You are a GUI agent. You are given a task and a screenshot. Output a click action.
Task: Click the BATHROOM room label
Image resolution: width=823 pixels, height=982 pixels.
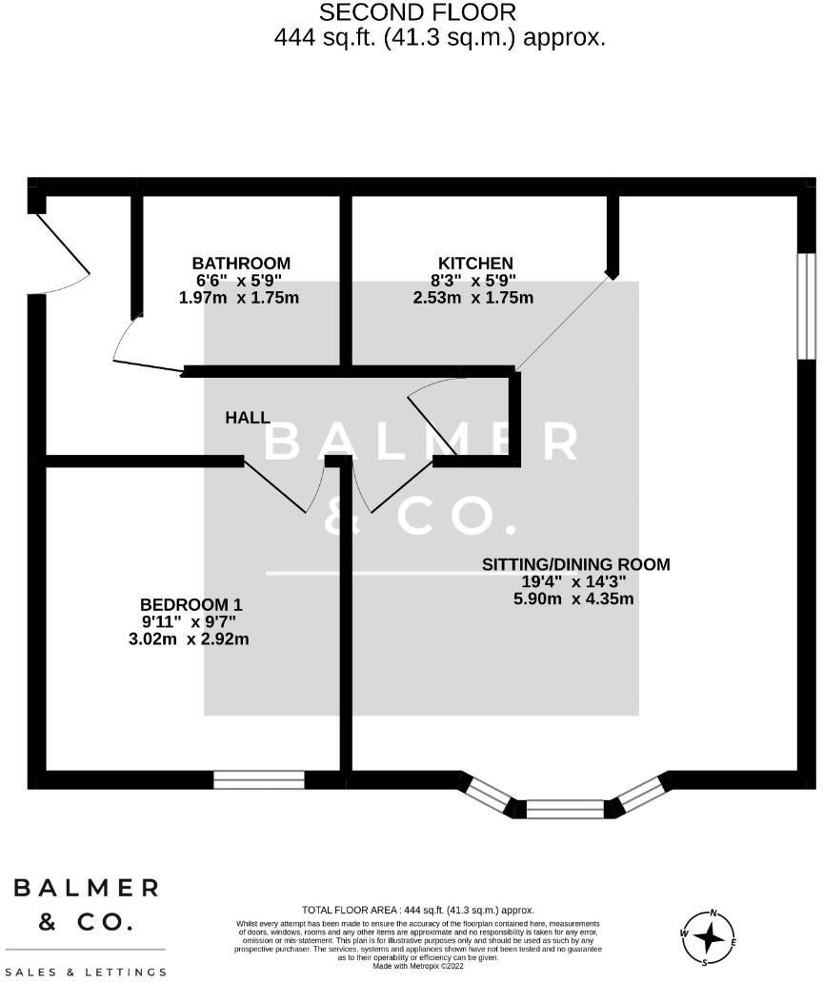click(x=241, y=264)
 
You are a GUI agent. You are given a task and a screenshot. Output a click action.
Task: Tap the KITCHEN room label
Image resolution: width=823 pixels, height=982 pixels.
click(x=475, y=264)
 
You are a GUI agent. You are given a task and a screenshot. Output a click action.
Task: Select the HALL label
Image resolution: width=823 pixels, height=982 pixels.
click(x=248, y=418)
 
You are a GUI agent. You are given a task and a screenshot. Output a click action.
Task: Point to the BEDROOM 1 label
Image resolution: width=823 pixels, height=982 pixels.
click(x=191, y=605)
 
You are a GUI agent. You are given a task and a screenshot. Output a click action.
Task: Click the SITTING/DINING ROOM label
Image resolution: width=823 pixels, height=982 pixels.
click(x=575, y=564)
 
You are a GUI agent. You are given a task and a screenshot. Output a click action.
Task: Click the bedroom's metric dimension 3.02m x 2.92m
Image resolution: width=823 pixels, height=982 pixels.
click(x=189, y=639)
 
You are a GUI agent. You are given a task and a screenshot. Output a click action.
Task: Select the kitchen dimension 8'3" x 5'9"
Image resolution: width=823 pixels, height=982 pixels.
click(x=473, y=281)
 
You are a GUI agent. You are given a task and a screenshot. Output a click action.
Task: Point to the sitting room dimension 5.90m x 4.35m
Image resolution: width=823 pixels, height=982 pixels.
click(x=573, y=599)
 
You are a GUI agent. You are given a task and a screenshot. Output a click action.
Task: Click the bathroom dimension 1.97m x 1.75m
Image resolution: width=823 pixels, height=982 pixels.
click(x=239, y=298)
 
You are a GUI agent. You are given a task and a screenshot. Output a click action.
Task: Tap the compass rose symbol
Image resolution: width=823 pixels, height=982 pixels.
click(x=709, y=936)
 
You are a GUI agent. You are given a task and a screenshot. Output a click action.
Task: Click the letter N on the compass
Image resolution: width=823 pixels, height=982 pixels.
click(x=713, y=913)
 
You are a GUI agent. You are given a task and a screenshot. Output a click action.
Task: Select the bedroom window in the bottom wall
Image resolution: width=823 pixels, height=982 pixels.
click(x=258, y=780)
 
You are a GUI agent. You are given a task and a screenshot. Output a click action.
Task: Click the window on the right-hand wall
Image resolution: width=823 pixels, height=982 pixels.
click(x=806, y=305)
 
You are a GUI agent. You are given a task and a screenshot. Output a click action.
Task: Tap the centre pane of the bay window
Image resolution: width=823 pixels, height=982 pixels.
click(x=565, y=810)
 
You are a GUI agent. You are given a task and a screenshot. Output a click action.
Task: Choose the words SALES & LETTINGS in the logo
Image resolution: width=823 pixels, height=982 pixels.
click(x=86, y=972)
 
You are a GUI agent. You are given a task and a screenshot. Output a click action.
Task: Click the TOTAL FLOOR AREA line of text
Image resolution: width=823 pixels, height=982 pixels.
click(x=418, y=911)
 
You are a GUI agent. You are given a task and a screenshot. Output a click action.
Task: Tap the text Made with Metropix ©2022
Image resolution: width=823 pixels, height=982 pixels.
click(x=418, y=966)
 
